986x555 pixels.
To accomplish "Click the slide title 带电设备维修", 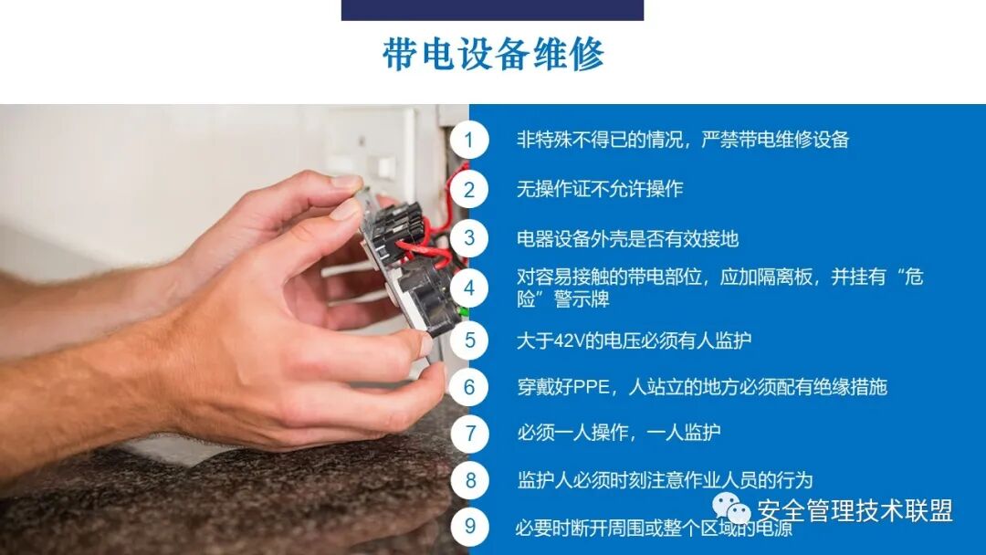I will point(493,55).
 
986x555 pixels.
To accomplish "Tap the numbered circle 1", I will point(469,140).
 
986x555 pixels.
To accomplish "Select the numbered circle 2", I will point(469,190).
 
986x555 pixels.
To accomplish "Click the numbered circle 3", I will point(469,239).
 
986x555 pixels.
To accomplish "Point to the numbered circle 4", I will point(469,288).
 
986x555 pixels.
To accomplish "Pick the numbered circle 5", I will point(469,340).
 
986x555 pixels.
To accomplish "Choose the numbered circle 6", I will point(469,387).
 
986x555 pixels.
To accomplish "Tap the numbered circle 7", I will point(469,433).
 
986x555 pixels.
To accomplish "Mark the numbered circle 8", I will point(469,480).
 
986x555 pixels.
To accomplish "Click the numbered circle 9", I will point(469,526).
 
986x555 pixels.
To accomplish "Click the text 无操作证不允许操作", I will point(599,190).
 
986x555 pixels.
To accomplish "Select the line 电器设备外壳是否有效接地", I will point(627,239).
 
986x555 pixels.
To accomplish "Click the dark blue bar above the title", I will point(492,10).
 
